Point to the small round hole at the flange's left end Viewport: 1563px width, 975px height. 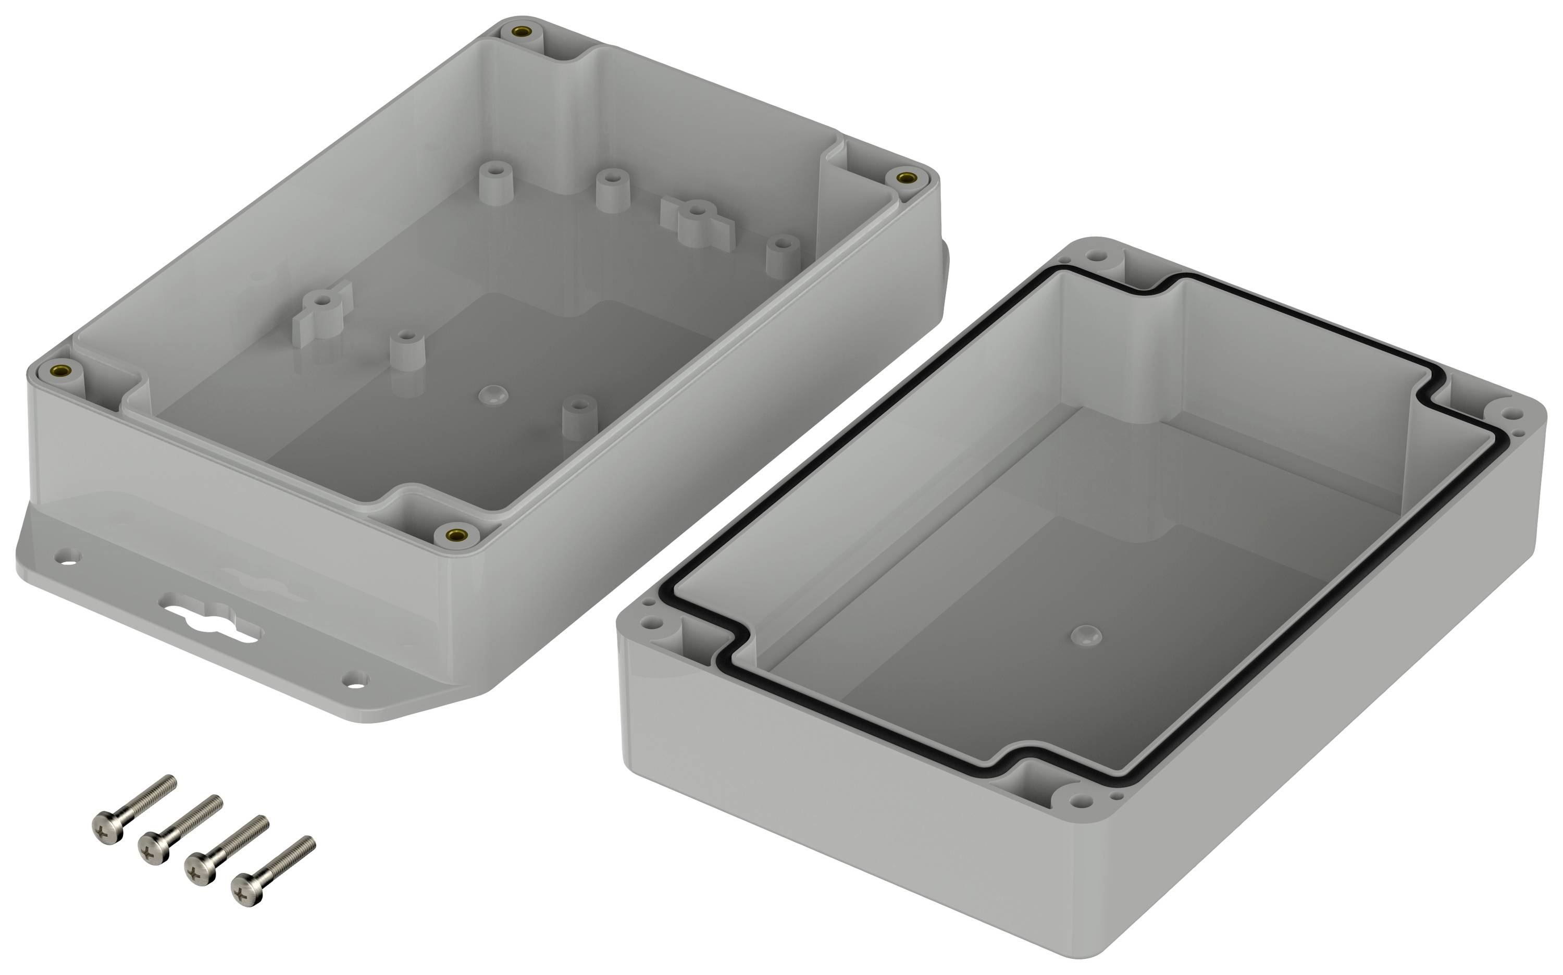(67, 555)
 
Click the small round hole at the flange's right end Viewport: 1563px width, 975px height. (355, 678)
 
